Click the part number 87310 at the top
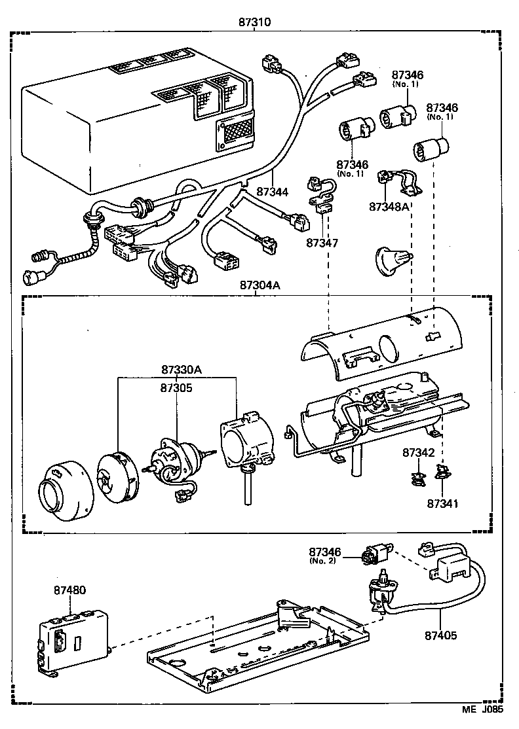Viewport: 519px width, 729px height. coord(255,22)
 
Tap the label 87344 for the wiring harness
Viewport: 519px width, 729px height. coord(272,192)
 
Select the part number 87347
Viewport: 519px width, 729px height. coord(322,243)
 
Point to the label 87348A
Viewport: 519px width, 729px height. coord(389,207)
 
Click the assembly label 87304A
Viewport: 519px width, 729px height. coord(259,285)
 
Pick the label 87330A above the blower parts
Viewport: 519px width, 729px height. coord(182,370)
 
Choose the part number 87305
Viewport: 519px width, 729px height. coord(176,387)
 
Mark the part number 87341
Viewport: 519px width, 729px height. coord(443,504)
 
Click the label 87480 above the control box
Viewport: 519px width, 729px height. coord(69,590)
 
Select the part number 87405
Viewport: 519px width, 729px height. coord(440,635)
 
